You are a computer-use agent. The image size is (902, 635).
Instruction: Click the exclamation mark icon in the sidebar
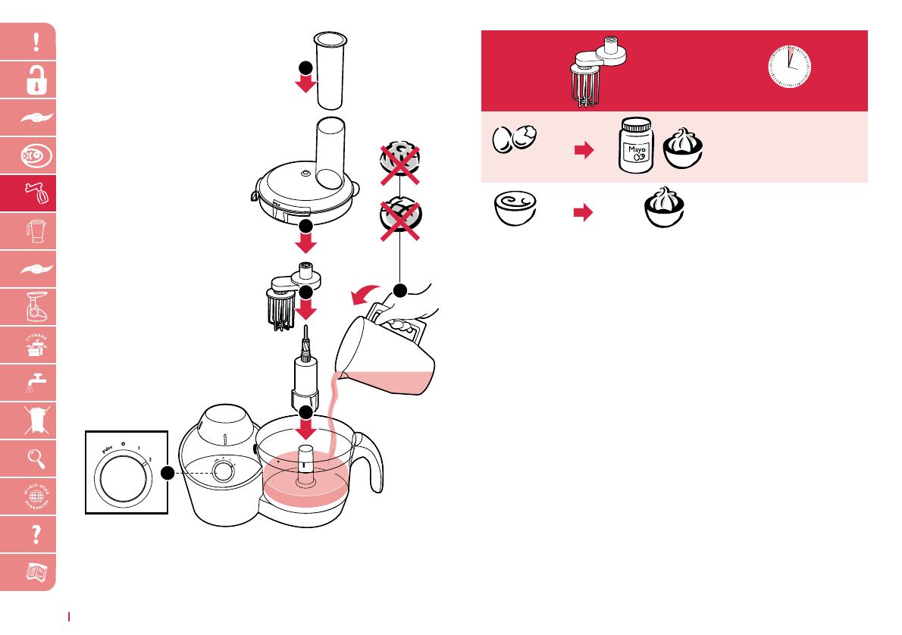point(36,42)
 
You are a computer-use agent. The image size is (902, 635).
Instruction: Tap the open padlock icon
point(36,80)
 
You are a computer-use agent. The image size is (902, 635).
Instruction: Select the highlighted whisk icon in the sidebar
point(36,194)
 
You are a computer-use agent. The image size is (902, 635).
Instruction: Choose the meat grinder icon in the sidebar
point(36,307)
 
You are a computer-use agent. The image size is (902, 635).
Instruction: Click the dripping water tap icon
point(36,383)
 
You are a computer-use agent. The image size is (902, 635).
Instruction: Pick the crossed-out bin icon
point(36,421)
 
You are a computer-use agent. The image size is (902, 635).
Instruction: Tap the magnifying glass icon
point(36,458)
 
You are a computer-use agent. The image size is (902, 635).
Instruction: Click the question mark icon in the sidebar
point(36,534)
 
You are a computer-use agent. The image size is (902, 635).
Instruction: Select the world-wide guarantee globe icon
point(36,496)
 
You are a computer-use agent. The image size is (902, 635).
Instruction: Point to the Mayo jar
point(635,147)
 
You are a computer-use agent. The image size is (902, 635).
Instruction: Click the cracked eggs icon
point(515,140)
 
